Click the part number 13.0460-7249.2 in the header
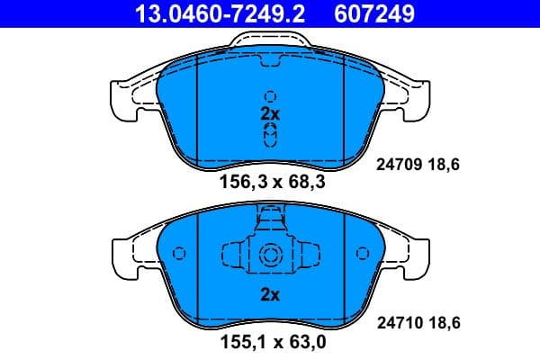[204, 13]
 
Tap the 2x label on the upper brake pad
[270, 114]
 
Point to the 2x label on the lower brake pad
[270, 294]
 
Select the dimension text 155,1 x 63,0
[271, 343]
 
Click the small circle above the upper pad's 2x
[270, 96]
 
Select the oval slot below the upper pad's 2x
[270, 135]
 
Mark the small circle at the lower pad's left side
[179, 254]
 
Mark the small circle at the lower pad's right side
[362, 254]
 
